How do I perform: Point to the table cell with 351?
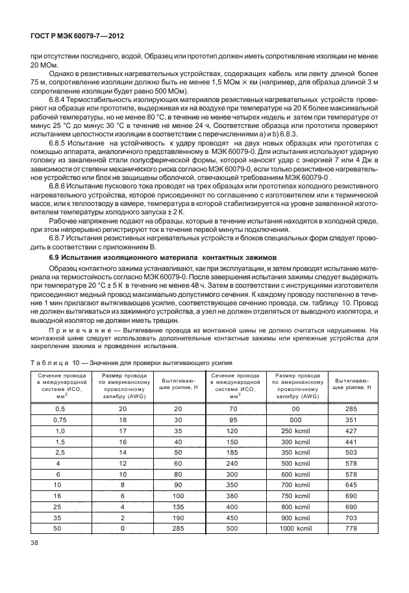[x=351, y=420]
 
